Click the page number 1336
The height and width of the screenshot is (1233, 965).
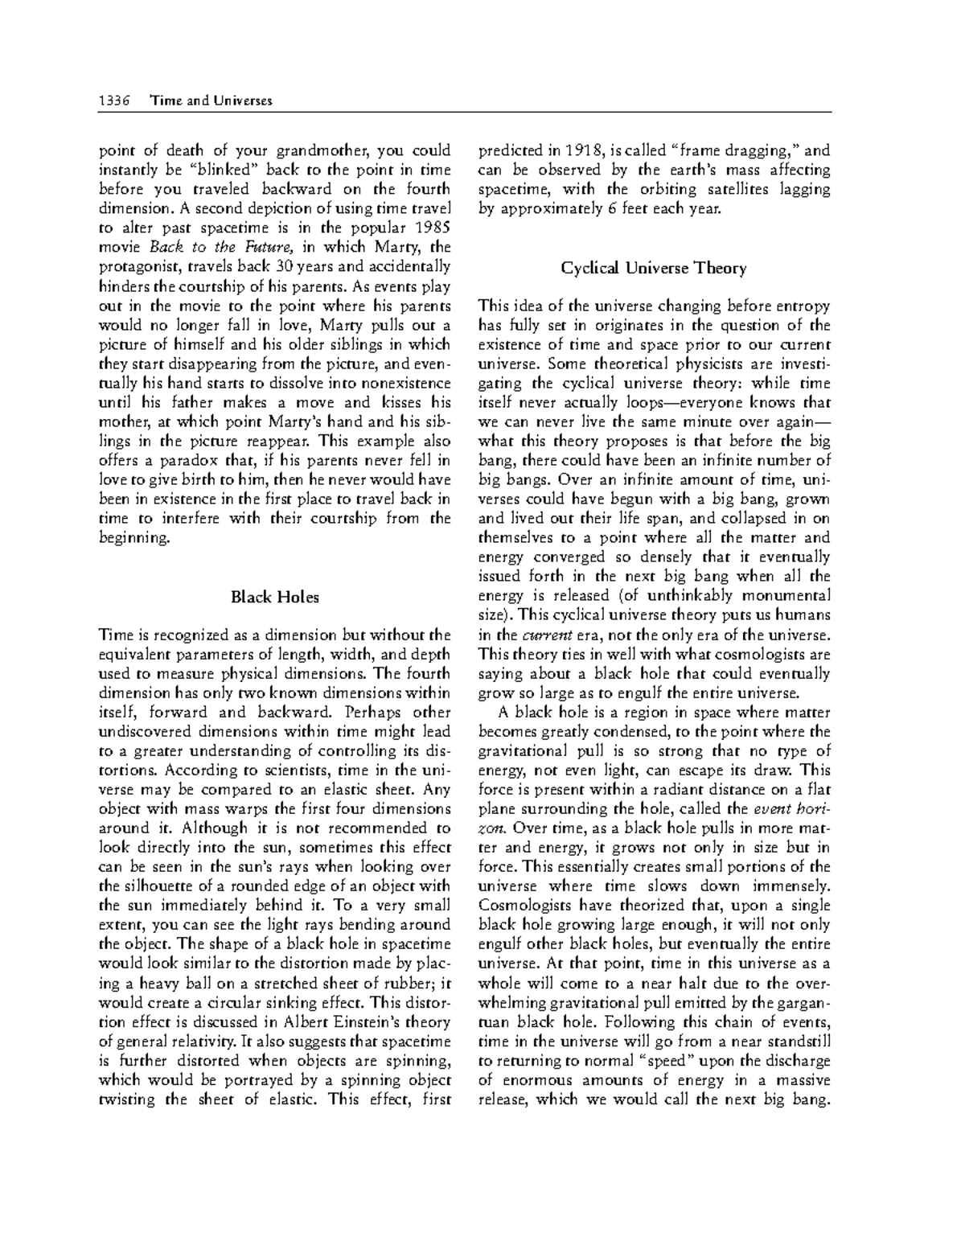tap(113, 101)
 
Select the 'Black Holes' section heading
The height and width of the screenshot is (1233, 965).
tap(274, 597)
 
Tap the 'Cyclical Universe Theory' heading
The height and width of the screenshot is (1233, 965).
tap(654, 268)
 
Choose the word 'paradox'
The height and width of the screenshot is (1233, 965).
tap(191, 460)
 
